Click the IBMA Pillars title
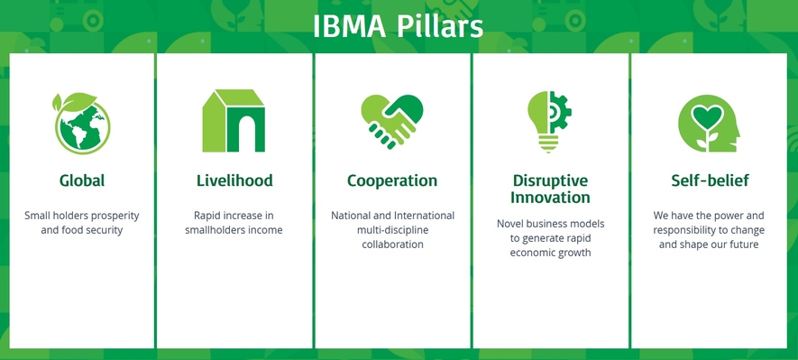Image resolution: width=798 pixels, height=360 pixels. (398, 27)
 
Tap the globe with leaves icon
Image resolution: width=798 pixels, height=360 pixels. (81, 124)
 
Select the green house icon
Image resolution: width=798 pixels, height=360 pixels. (234, 121)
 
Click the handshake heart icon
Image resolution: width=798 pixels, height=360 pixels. (392, 122)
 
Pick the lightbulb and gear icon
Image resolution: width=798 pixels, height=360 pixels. (549, 122)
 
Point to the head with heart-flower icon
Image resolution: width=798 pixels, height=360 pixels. (709, 124)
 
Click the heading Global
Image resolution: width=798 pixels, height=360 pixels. (82, 180)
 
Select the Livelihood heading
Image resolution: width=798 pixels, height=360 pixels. (234, 180)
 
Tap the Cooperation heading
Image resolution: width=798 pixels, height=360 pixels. (392, 180)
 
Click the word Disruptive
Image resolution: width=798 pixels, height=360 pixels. (550, 180)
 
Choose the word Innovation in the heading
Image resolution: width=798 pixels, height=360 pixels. (550, 197)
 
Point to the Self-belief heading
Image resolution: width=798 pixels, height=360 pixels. (710, 180)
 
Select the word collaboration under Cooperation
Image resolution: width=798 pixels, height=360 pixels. (392, 245)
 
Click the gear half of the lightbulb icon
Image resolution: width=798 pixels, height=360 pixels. (561, 113)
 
